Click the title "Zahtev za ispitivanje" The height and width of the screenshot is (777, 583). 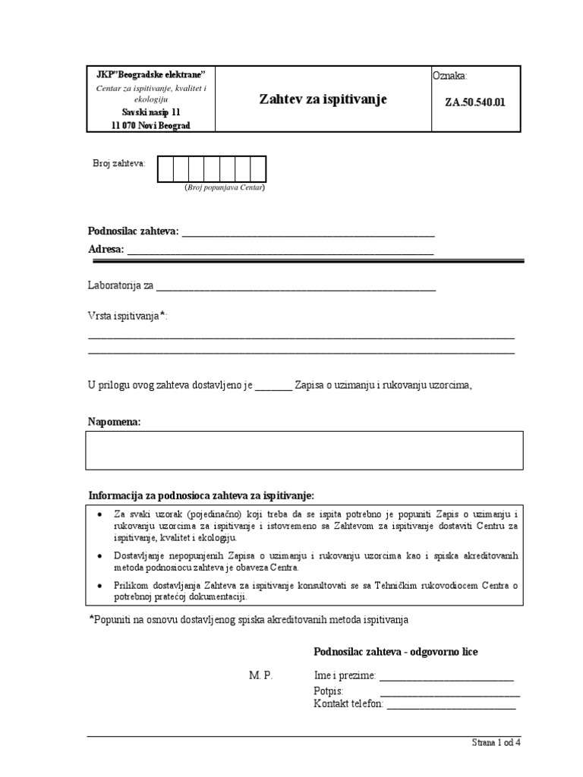323,99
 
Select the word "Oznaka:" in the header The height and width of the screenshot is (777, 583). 450,76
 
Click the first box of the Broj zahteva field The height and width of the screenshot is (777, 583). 165,169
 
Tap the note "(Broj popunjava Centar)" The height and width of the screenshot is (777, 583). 225,187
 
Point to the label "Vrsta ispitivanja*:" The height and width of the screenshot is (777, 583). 127,316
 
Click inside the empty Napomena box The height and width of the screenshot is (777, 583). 304,451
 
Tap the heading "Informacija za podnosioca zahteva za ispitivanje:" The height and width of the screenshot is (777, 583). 201,495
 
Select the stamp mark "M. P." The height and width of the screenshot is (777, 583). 260,675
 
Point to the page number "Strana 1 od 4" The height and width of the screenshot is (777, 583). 496,743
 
